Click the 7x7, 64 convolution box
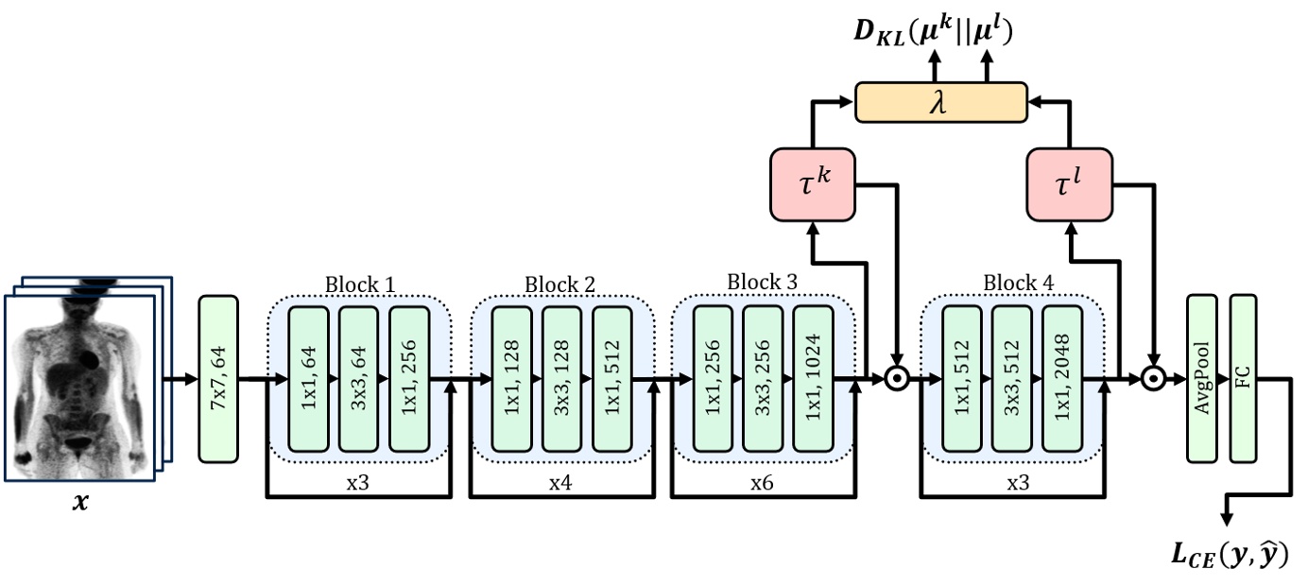coord(218,380)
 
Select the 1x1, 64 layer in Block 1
coord(309,380)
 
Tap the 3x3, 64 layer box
coord(358,380)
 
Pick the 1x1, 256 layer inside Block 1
coord(408,380)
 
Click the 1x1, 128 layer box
coord(512,380)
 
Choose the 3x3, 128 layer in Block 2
coord(561,380)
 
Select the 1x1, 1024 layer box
coord(813,380)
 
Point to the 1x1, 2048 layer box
coord(1062,380)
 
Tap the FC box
coord(1243,380)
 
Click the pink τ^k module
coord(813,182)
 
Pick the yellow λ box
coord(940,102)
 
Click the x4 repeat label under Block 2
coord(559,481)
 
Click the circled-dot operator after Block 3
coord(896,380)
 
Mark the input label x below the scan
coord(81,504)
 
